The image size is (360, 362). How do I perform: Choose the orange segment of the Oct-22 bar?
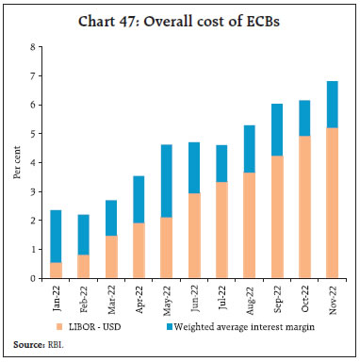pos(303,207)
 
